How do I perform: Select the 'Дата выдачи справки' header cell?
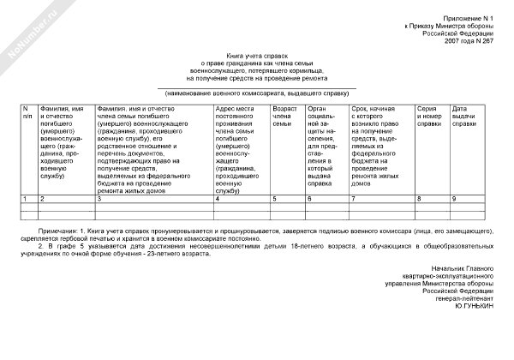(464, 116)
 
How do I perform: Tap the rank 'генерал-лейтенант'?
(469, 297)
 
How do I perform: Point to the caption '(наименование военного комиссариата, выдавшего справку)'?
(257, 92)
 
